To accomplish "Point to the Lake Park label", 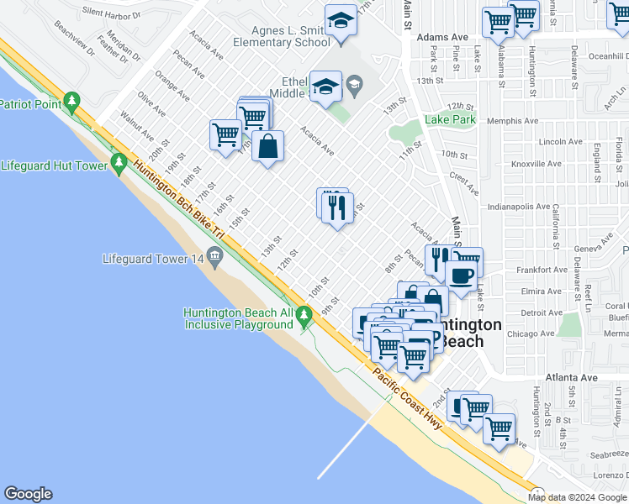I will [x=451, y=120].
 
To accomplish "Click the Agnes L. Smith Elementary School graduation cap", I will [x=341, y=20].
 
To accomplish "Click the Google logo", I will [x=28, y=494].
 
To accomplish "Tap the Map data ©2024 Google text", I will [x=577, y=497].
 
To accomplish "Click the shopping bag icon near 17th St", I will [x=267, y=146].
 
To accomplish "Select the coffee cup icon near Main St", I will [x=460, y=275].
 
